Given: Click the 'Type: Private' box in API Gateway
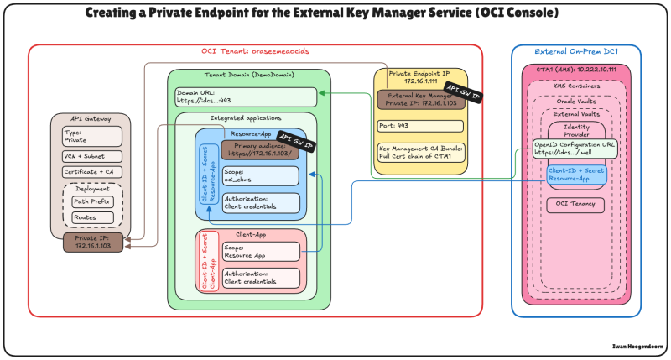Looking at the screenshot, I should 91,136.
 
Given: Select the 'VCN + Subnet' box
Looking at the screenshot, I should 91,156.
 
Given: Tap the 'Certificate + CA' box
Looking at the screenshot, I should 91,172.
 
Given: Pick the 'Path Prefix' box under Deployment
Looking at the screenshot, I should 91,202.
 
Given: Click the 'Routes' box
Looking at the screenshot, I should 91,217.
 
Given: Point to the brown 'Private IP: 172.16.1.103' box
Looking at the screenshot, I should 92,243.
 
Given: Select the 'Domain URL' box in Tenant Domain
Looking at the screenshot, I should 246,97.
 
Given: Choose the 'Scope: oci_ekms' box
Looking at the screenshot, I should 260,175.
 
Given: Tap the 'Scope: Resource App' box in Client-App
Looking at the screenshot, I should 260,251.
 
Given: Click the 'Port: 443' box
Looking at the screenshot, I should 420,126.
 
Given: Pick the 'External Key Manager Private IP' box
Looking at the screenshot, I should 420,100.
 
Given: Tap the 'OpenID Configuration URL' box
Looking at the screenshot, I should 575,149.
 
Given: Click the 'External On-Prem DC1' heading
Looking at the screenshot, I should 576,51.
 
